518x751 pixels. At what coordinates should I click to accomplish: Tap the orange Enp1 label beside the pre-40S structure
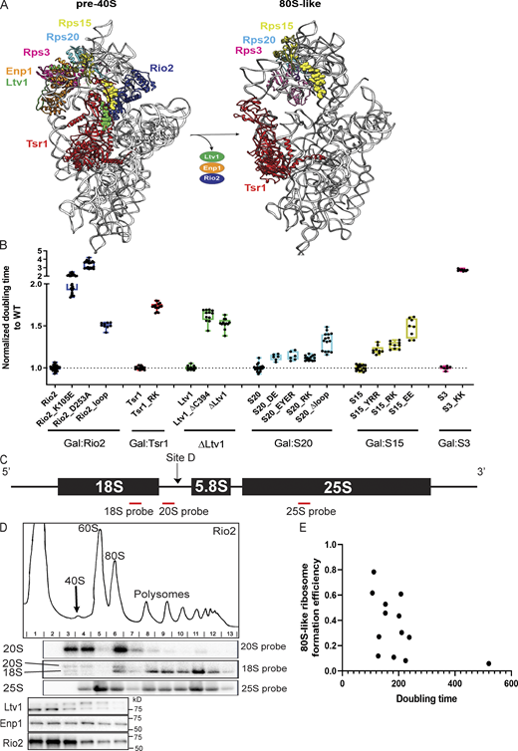pos(18,72)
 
